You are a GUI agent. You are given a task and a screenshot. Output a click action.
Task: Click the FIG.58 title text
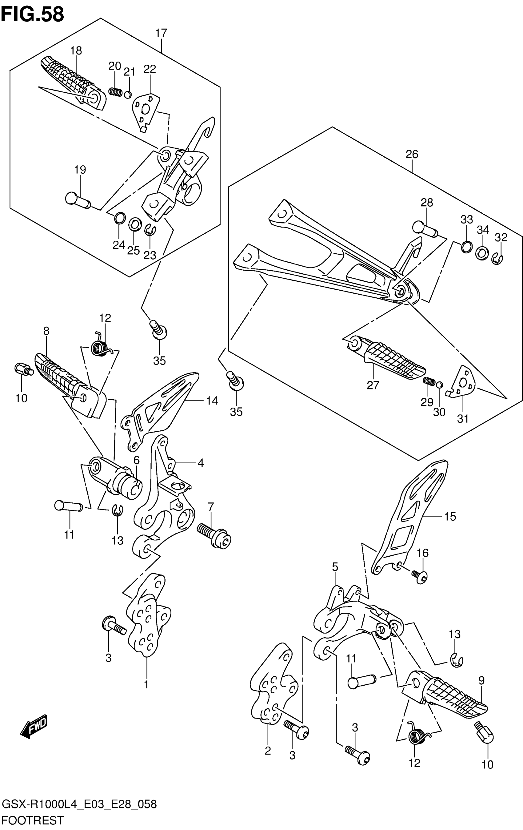[32, 14]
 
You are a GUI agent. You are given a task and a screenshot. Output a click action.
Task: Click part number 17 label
[161, 33]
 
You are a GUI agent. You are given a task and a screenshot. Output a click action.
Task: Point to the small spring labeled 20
[115, 92]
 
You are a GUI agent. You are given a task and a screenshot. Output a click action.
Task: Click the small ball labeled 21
[128, 94]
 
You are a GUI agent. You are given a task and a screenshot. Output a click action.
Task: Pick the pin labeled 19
[78, 200]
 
